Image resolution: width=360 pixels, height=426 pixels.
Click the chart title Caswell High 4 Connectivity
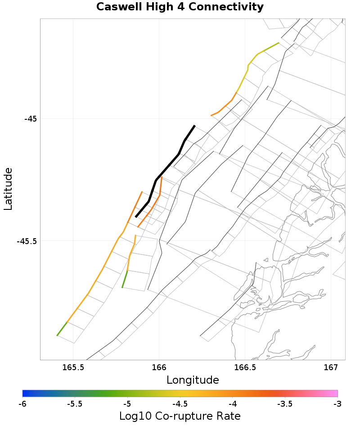180,7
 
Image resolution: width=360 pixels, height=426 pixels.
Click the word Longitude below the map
193,380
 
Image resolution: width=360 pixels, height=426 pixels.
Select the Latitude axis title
8,189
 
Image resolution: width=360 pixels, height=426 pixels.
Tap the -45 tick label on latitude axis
30,119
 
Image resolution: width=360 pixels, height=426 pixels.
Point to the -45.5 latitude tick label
27,241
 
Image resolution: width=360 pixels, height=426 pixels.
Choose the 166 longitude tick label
159,368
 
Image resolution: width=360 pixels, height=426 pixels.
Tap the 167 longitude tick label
331,368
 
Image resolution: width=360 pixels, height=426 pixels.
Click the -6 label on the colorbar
22,404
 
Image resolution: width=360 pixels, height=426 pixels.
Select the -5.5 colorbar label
74,404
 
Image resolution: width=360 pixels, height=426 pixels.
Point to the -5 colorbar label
127,404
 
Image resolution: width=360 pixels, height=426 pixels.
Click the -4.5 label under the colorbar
180,404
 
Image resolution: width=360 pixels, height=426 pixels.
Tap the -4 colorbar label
233,404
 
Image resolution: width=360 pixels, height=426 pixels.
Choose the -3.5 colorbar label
285,404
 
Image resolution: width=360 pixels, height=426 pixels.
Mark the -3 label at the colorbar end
337,404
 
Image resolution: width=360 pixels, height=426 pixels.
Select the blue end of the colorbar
25,394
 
